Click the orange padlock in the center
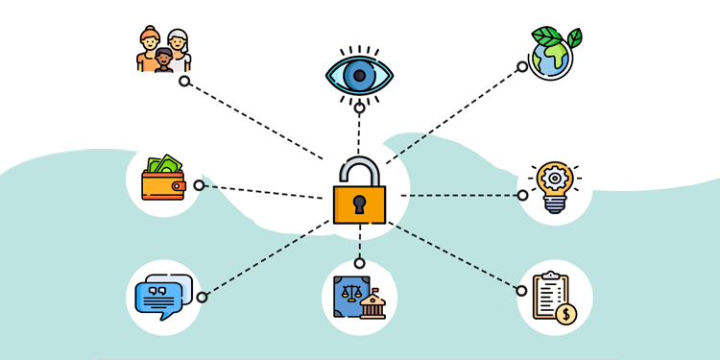(360, 202)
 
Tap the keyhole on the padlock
(360, 204)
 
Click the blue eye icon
(359, 74)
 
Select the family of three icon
(163, 50)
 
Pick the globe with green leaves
(554, 53)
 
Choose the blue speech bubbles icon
(162, 297)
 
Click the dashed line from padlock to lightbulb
(461, 195)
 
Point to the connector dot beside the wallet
(199, 185)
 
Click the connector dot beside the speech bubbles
(202, 298)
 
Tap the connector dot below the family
(184, 82)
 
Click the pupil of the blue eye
(359, 74)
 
